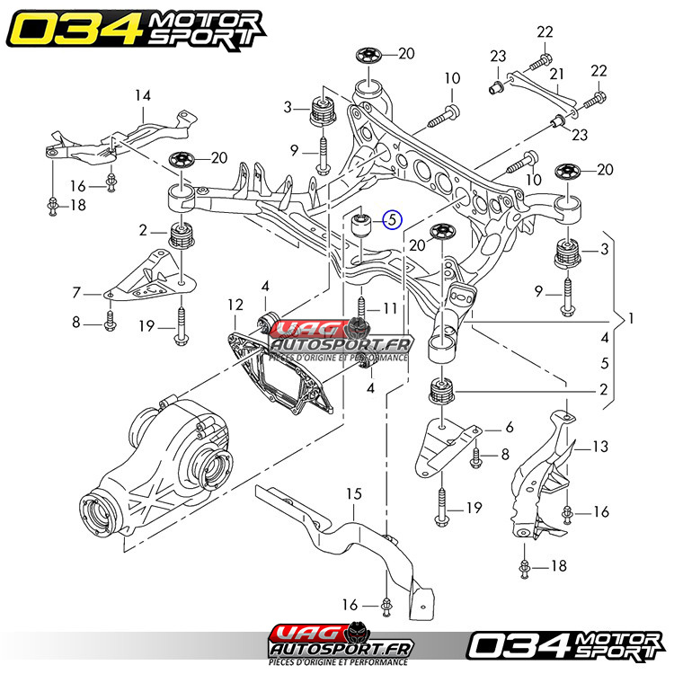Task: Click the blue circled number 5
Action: click(x=393, y=218)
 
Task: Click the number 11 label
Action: click(x=389, y=308)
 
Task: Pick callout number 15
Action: click(x=353, y=494)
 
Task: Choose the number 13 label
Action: click(x=601, y=446)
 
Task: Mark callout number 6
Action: click(x=509, y=428)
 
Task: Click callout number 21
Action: click(x=556, y=73)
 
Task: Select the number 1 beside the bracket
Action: click(x=631, y=317)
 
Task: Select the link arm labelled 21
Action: click(x=537, y=90)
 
